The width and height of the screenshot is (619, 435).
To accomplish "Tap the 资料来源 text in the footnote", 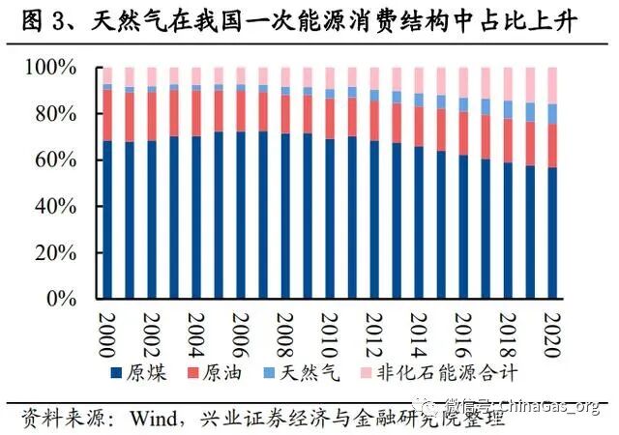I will pos(59,418).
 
